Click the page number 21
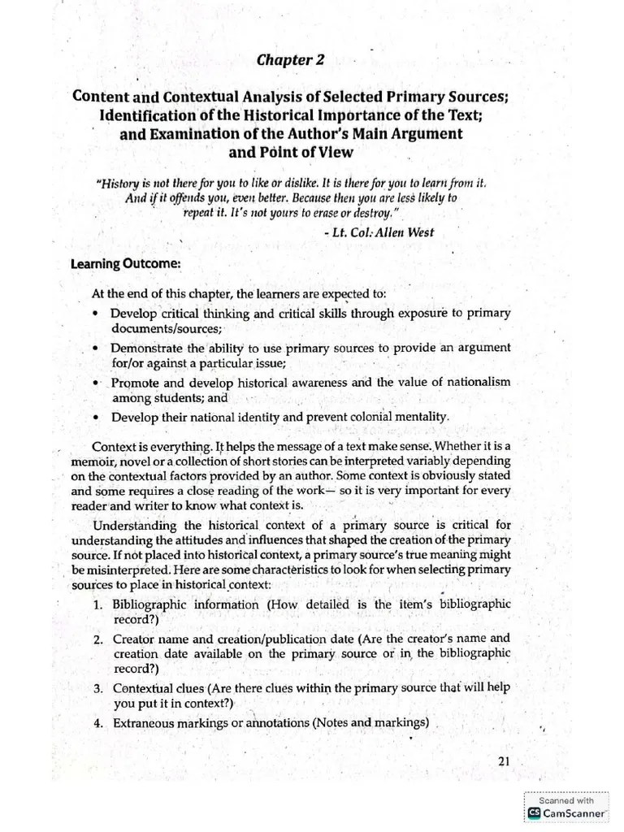click(x=503, y=760)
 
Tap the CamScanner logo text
click(x=574, y=812)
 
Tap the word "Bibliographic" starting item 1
click(x=151, y=604)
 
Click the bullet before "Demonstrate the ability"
click(x=97, y=348)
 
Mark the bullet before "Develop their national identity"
click(x=97, y=417)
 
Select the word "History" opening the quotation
click(x=120, y=184)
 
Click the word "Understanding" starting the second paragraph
click(x=134, y=524)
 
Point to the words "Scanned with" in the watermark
click(x=568, y=799)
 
